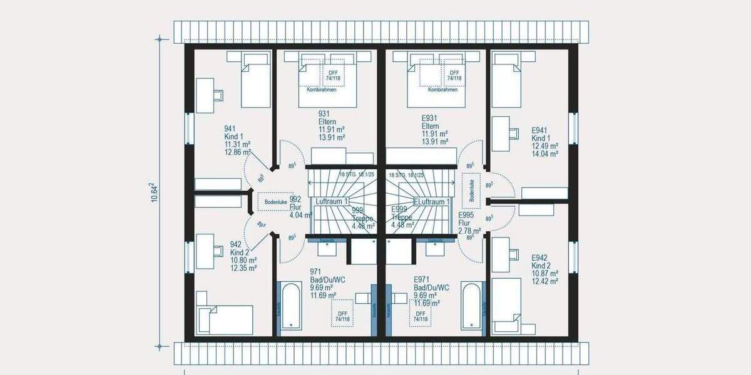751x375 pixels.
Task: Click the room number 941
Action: click(x=230, y=129)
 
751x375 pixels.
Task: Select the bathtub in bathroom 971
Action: click(x=291, y=306)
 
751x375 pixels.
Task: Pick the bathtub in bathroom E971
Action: click(x=471, y=306)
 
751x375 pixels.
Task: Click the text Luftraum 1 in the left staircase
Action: click(x=332, y=202)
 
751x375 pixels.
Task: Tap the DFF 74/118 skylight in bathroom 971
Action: click(x=342, y=316)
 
